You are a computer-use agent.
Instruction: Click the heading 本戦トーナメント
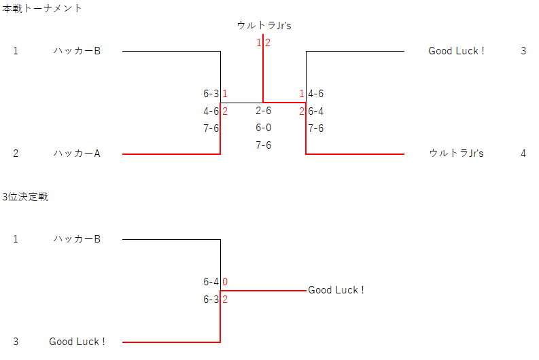pos(42,9)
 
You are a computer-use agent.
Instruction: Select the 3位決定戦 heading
pos(24,197)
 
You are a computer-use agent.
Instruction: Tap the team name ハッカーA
pos(77,154)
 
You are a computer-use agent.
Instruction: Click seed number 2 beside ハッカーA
pos(16,154)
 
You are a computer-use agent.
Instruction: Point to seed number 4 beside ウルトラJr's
pos(523,154)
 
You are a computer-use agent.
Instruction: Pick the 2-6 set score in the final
pos(264,111)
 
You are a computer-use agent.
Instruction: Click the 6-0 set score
pos(264,128)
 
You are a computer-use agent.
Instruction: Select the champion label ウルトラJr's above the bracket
pos(264,26)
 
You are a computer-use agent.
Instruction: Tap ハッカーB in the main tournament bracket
pos(77,51)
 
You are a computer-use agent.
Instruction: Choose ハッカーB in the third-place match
pos(77,239)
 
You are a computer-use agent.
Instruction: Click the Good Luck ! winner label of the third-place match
pos(336,290)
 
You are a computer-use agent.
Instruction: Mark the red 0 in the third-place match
pos(225,282)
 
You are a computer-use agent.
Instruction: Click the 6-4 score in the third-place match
pos(211,282)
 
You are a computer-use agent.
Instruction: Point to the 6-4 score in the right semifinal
pos(316,111)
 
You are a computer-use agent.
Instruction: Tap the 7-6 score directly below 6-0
pos(264,145)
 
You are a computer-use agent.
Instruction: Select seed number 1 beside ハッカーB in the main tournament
pos(16,51)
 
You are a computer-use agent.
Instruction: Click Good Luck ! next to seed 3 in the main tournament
pos(456,51)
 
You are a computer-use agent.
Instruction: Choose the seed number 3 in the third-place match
pos(16,342)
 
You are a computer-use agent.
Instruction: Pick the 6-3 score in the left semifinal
pos(211,94)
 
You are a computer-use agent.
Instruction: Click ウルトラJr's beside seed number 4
pos(456,154)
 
